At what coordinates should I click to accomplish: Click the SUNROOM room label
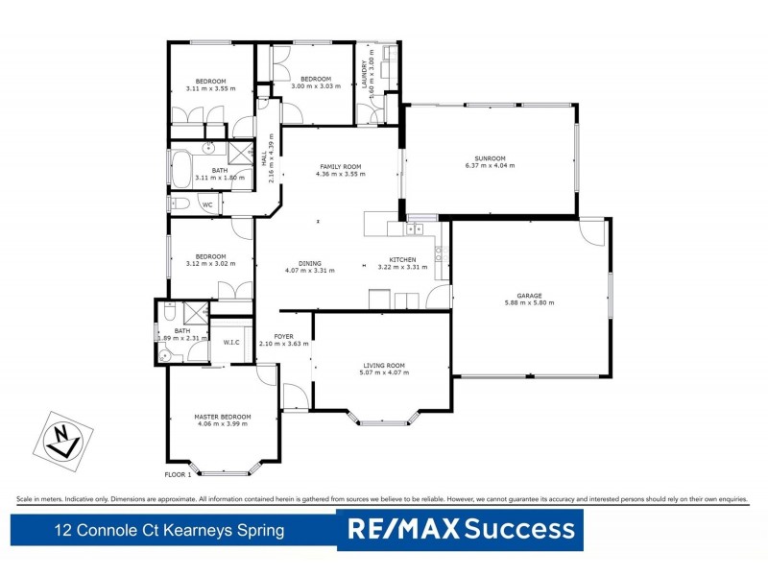click(x=490, y=157)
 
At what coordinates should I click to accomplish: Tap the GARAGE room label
click(x=529, y=295)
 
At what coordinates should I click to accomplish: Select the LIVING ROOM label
click(x=384, y=365)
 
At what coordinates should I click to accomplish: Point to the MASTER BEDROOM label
click(x=223, y=416)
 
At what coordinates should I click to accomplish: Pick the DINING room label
click(x=309, y=262)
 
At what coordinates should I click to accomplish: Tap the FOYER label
click(x=283, y=336)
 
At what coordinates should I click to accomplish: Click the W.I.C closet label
click(x=231, y=343)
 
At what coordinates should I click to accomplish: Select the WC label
click(x=206, y=204)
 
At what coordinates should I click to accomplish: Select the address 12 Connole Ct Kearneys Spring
click(x=169, y=530)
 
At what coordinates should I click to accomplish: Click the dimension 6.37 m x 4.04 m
click(x=490, y=165)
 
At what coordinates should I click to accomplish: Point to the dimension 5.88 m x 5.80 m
click(x=529, y=302)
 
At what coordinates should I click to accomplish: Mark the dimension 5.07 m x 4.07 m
click(x=384, y=372)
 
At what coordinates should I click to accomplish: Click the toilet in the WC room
click(x=179, y=204)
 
